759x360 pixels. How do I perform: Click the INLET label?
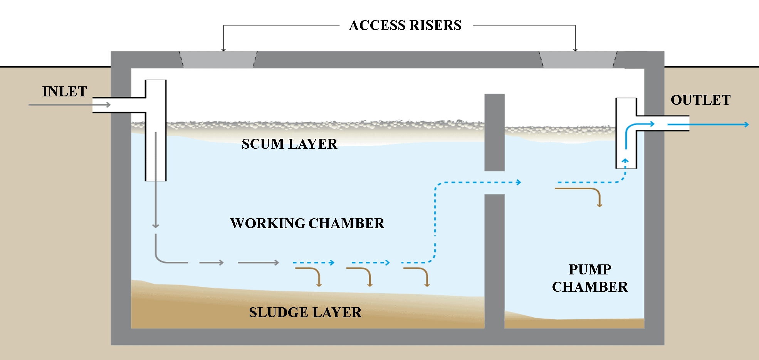pos(64,92)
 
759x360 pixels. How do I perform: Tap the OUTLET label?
pos(700,100)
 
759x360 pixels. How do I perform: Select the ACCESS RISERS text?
pos(405,25)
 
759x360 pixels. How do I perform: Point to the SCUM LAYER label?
pos(289,144)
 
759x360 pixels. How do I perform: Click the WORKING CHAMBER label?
pos(307,224)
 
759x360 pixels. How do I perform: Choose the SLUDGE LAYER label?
pos(305,313)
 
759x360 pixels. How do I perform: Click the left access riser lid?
pos(218,60)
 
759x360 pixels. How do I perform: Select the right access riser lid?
pos(578,60)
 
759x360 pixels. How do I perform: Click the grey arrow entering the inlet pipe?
pos(69,104)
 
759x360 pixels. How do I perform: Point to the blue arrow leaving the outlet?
pos(709,124)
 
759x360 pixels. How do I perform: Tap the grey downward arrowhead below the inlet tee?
pos(156,225)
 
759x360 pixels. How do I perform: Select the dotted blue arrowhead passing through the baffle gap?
pos(519,182)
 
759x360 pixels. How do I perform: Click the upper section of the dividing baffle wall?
pos(494,132)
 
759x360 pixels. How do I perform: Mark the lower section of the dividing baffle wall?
pos(494,262)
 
